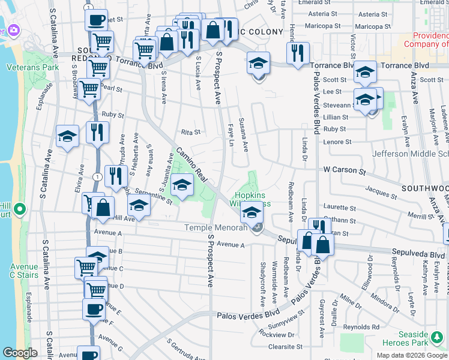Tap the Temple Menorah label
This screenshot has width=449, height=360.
tap(215, 227)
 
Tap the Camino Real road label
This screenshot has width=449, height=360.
tap(191, 167)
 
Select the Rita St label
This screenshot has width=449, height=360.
tap(190, 132)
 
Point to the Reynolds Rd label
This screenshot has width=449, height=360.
tap(366, 327)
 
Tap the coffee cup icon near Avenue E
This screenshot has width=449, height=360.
tap(94, 310)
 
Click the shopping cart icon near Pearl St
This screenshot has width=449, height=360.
tap(89, 88)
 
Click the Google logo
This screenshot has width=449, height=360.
tap(20, 353)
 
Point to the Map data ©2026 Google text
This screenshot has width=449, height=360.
tap(412, 355)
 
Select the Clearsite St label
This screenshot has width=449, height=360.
tap(285, 347)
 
